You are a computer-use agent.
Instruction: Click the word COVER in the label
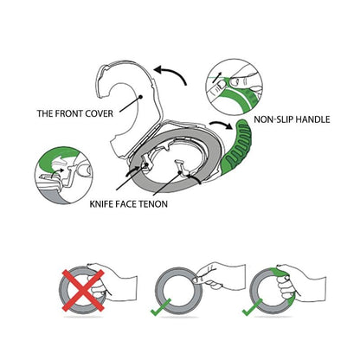click(x=100, y=113)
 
